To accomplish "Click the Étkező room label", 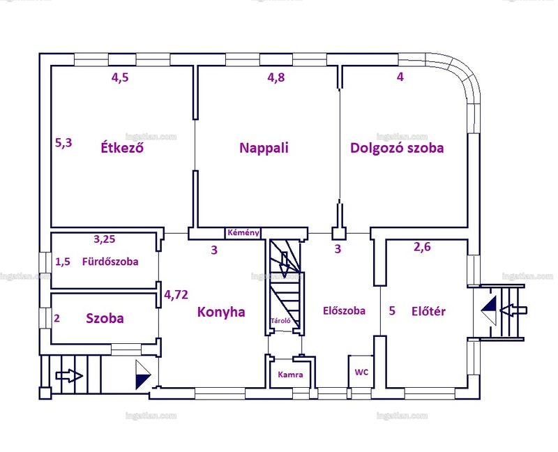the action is (122, 147).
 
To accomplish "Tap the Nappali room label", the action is (264, 148).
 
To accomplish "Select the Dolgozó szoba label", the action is (397, 148).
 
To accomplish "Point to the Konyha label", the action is (221, 312).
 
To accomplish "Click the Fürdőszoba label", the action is (110, 262).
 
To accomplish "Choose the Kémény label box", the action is (243, 233).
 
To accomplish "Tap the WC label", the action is (361, 372).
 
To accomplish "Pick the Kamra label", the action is (290, 375).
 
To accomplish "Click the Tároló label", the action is (281, 321).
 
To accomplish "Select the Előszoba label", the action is (344, 310).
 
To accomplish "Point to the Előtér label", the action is (428, 311).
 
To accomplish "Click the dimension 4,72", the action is (176, 294).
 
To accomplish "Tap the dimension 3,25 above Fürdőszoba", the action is (104, 239).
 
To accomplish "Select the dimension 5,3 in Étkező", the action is (63, 143).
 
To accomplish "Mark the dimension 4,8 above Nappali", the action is (276, 77).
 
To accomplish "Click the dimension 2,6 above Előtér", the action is (422, 247).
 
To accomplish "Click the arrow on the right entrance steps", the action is (513, 310).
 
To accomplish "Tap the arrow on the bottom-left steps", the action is (69, 376).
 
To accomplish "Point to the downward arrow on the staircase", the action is (285, 264).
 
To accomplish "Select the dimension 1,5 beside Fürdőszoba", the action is (63, 262).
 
